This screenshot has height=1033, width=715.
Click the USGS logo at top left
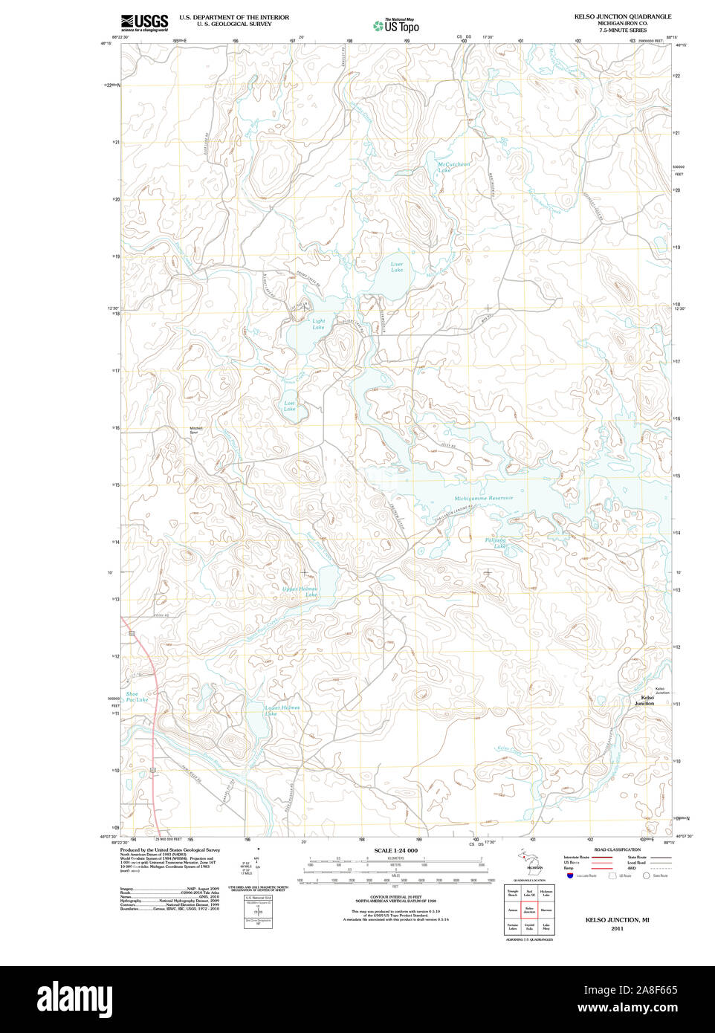pyautogui.click(x=145, y=22)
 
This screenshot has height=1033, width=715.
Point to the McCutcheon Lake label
pyautogui.click(x=453, y=167)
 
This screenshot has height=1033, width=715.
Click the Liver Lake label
pyautogui.click(x=397, y=267)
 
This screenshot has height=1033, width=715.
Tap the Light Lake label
pyautogui.click(x=318, y=324)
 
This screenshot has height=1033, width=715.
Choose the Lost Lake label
pyautogui.click(x=289, y=406)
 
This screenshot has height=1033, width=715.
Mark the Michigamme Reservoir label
pyautogui.click(x=483, y=498)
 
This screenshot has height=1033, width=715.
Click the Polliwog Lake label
pyautogui.click(x=495, y=543)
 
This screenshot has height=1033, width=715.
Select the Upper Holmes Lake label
pyautogui.click(x=300, y=592)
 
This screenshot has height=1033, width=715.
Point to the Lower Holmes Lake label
pyautogui.click(x=282, y=710)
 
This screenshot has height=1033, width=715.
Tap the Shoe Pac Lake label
pyautogui.click(x=136, y=696)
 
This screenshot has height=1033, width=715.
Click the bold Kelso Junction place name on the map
pyautogui.click(x=644, y=700)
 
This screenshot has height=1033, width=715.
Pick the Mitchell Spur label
pyautogui.click(x=196, y=430)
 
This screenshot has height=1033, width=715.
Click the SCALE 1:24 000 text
pyautogui.click(x=395, y=850)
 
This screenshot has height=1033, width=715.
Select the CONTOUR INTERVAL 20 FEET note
pyautogui.click(x=395, y=898)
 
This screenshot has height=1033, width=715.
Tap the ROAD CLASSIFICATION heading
pyautogui.click(x=617, y=849)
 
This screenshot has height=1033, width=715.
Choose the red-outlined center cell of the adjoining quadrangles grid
pyautogui.click(x=529, y=909)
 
